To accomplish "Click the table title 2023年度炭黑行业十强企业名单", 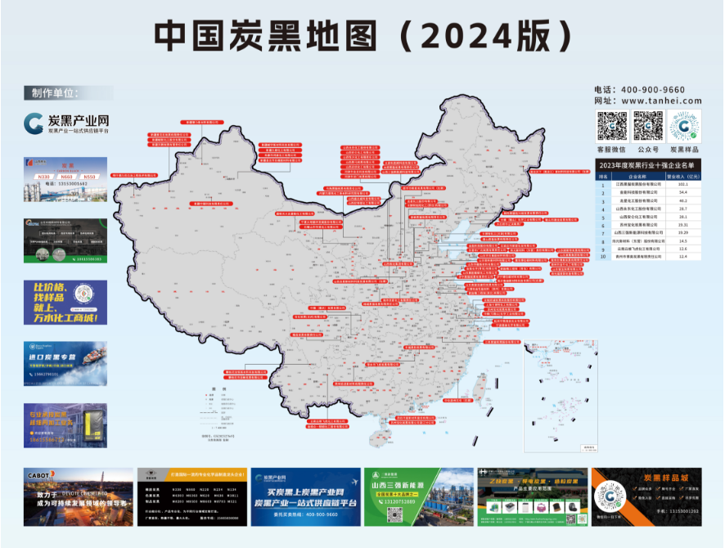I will tap(650, 165).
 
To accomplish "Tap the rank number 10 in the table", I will tap(604, 256).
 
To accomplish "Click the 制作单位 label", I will tap(53, 92).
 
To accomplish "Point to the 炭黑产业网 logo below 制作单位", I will tap(65, 124).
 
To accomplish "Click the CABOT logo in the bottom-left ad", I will tap(41, 474).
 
